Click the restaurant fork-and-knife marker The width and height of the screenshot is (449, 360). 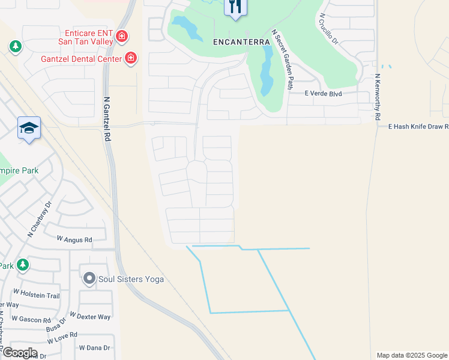[x=235, y=7]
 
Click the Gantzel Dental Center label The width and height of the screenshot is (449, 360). [x=81, y=59]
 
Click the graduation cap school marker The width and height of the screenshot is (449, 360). [x=29, y=128]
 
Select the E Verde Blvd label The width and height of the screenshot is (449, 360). [x=323, y=94]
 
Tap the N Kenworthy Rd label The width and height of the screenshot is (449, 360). [x=378, y=97]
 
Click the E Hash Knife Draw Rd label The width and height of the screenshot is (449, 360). [x=418, y=127]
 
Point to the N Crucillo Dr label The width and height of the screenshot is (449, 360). [x=329, y=29]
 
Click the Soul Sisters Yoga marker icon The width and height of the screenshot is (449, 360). [x=89, y=278]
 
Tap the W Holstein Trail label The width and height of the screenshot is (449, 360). [x=37, y=296]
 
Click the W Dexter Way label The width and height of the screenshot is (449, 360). [x=90, y=316]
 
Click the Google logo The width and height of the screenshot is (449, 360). [x=19, y=353]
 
